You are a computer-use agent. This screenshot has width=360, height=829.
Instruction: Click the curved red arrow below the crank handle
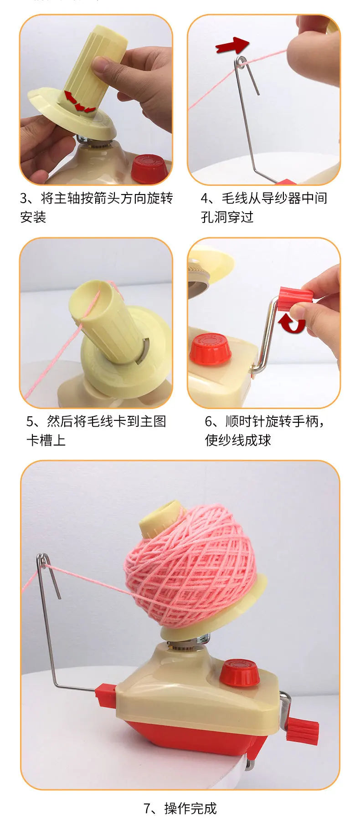pos(292,323)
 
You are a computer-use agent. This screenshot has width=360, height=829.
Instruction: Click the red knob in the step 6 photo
pos(210,349)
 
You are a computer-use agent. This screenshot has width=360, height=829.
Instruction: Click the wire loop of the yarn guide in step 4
pos(240,61)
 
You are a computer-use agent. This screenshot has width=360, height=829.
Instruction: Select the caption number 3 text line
pos(96,199)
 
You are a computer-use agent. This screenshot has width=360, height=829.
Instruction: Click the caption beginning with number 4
pos(264,199)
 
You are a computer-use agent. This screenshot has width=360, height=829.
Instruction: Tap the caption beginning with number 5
pos(96,421)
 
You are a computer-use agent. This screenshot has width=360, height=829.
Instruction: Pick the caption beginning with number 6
pos(264,421)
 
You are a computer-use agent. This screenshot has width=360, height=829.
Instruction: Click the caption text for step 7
pos(180,809)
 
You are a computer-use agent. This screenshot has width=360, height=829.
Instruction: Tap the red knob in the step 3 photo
pos(149,168)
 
